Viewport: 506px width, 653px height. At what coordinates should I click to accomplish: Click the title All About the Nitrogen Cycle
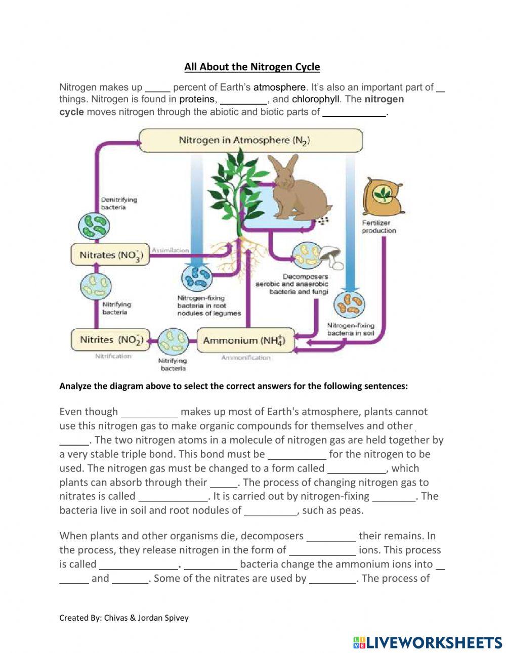click(252, 67)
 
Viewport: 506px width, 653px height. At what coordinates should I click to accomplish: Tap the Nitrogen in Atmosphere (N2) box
click(250, 140)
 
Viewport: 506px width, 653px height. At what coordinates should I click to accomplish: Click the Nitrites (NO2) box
click(110, 339)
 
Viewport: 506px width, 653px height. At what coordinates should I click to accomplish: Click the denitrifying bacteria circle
click(93, 226)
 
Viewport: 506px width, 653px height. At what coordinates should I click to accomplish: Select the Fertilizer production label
click(378, 227)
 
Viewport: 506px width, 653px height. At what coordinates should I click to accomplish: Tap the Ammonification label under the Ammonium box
click(245, 358)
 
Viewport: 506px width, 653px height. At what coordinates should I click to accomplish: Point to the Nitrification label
click(113, 356)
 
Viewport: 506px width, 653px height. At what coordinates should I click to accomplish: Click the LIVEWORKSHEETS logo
click(428, 642)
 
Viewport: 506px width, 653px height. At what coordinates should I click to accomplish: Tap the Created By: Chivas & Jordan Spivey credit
click(123, 618)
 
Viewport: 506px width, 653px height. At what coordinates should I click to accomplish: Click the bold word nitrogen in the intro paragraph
click(384, 99)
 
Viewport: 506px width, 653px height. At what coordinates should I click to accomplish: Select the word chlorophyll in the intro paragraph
click(315, 99)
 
